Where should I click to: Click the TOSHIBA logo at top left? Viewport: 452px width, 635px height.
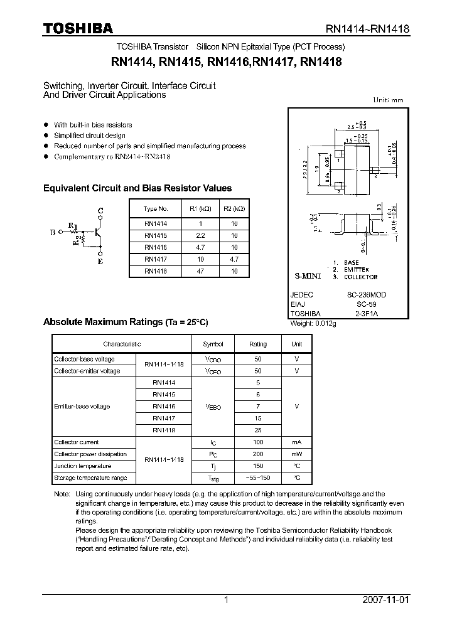[78, 28]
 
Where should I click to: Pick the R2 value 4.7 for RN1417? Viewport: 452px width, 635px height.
[234, 259]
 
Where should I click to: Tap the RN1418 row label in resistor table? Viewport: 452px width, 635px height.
[155, 271]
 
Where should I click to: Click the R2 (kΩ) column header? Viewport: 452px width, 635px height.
[234, 208]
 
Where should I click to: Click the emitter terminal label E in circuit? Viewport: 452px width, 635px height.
[99, 262]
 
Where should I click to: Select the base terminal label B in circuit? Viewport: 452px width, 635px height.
[53, 232]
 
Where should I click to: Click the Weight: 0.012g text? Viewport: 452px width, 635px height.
[313, 323]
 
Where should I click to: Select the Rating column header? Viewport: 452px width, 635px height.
[258, 344]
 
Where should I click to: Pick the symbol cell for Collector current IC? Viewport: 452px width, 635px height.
[212, 442]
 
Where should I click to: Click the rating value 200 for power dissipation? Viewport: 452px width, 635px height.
[258, 454]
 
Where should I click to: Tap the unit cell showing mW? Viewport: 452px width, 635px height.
[296, 454]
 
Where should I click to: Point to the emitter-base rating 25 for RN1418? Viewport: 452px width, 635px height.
[258, 430]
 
